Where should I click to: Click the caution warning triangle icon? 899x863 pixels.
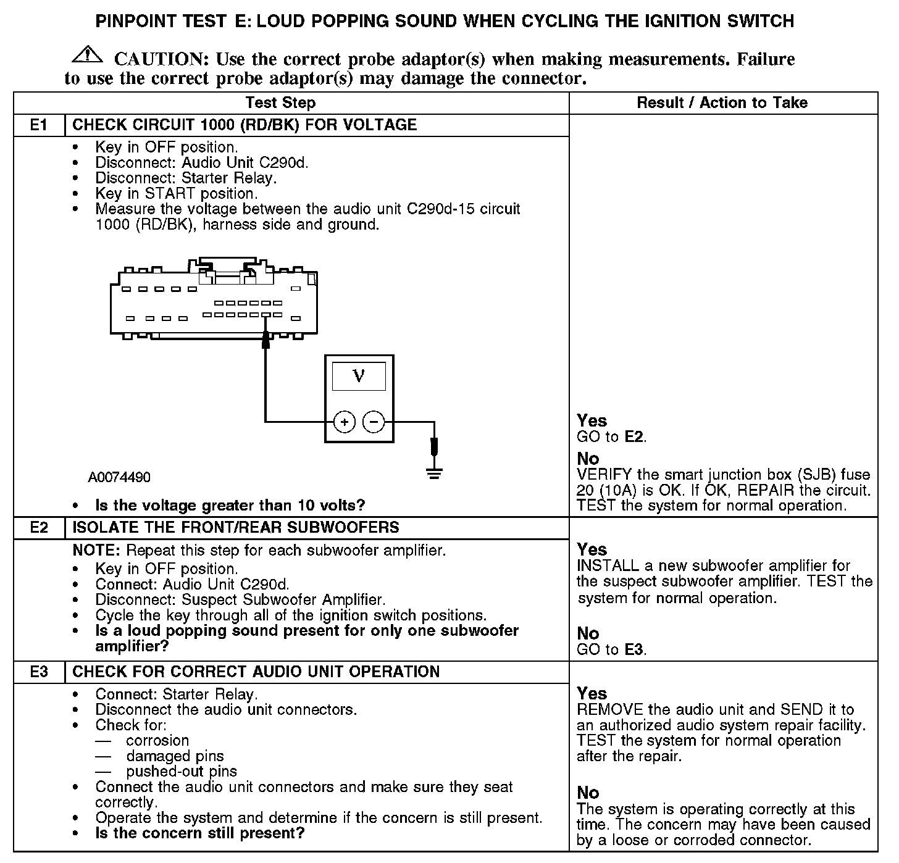click(87, 56)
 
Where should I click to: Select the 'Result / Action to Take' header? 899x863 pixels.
click(722, 103)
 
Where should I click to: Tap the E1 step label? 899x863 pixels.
click(39, 125)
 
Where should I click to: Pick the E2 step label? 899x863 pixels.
click(39, 528)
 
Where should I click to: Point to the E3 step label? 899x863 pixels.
click(39, 672)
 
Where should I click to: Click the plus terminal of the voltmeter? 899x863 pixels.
click(345, 422)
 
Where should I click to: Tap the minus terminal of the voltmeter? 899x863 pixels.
click(374, 422)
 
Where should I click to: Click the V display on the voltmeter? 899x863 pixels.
click(359, 376)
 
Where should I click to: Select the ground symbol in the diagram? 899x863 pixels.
click(435, 473)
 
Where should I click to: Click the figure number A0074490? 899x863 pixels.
click(119, 478)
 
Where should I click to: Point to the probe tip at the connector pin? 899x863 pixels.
click(266, 338)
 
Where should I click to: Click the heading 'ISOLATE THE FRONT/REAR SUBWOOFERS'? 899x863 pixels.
click(236, 528)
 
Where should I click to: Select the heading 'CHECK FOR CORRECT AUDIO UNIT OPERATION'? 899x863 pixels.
click(256, 672)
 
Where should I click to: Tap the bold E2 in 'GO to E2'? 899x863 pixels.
click(634, 438)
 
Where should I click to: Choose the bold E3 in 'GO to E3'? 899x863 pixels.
click(634, 650)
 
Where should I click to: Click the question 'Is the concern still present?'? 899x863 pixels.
click(200, 834)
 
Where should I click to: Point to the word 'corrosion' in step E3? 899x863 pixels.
click(157, 741)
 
